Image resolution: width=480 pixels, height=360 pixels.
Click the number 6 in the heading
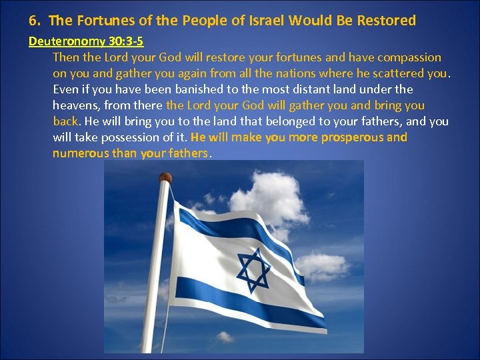pos(33,21)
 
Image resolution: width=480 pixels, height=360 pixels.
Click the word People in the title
pos(199,21)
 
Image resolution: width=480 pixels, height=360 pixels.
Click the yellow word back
pos(65,121)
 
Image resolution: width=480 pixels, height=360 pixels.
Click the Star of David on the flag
pos(253,269)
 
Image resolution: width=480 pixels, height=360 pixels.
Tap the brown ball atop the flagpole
pos(165,178)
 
